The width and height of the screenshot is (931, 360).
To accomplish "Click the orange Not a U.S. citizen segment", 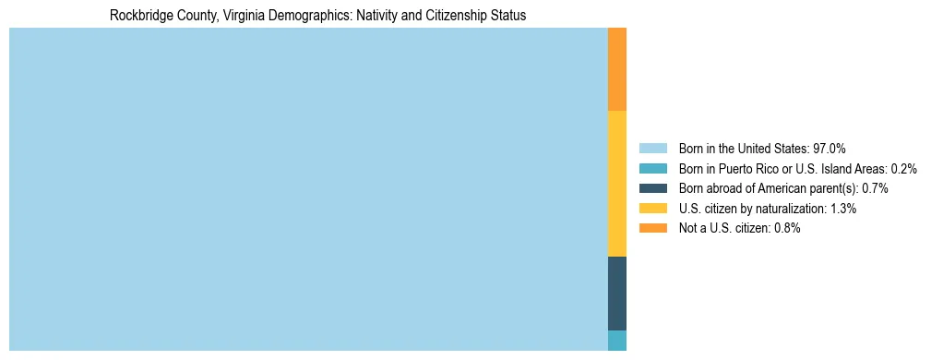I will point(617,69).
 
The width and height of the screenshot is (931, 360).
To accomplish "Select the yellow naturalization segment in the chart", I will point(617,183).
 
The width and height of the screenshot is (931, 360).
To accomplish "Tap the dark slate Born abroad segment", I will point(617,293).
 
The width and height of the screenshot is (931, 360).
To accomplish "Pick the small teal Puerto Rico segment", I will point(617,340).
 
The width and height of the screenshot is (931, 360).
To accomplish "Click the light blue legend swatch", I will point(652,148).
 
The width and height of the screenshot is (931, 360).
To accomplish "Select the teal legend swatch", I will point(652,168).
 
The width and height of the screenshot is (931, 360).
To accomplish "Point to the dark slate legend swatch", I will point(652,188).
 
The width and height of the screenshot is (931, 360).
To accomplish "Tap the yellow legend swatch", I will point(652,209).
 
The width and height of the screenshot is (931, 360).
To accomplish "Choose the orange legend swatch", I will point(652,229).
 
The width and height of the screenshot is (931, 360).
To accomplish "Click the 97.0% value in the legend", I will point(829,148).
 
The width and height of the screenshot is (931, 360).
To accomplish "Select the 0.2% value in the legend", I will point(903,168).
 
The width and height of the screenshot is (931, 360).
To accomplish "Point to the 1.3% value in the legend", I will point(843,209).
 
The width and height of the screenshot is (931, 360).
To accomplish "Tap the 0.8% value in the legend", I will point(787,229).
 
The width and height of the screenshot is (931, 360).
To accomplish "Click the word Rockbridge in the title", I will point(140,16).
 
